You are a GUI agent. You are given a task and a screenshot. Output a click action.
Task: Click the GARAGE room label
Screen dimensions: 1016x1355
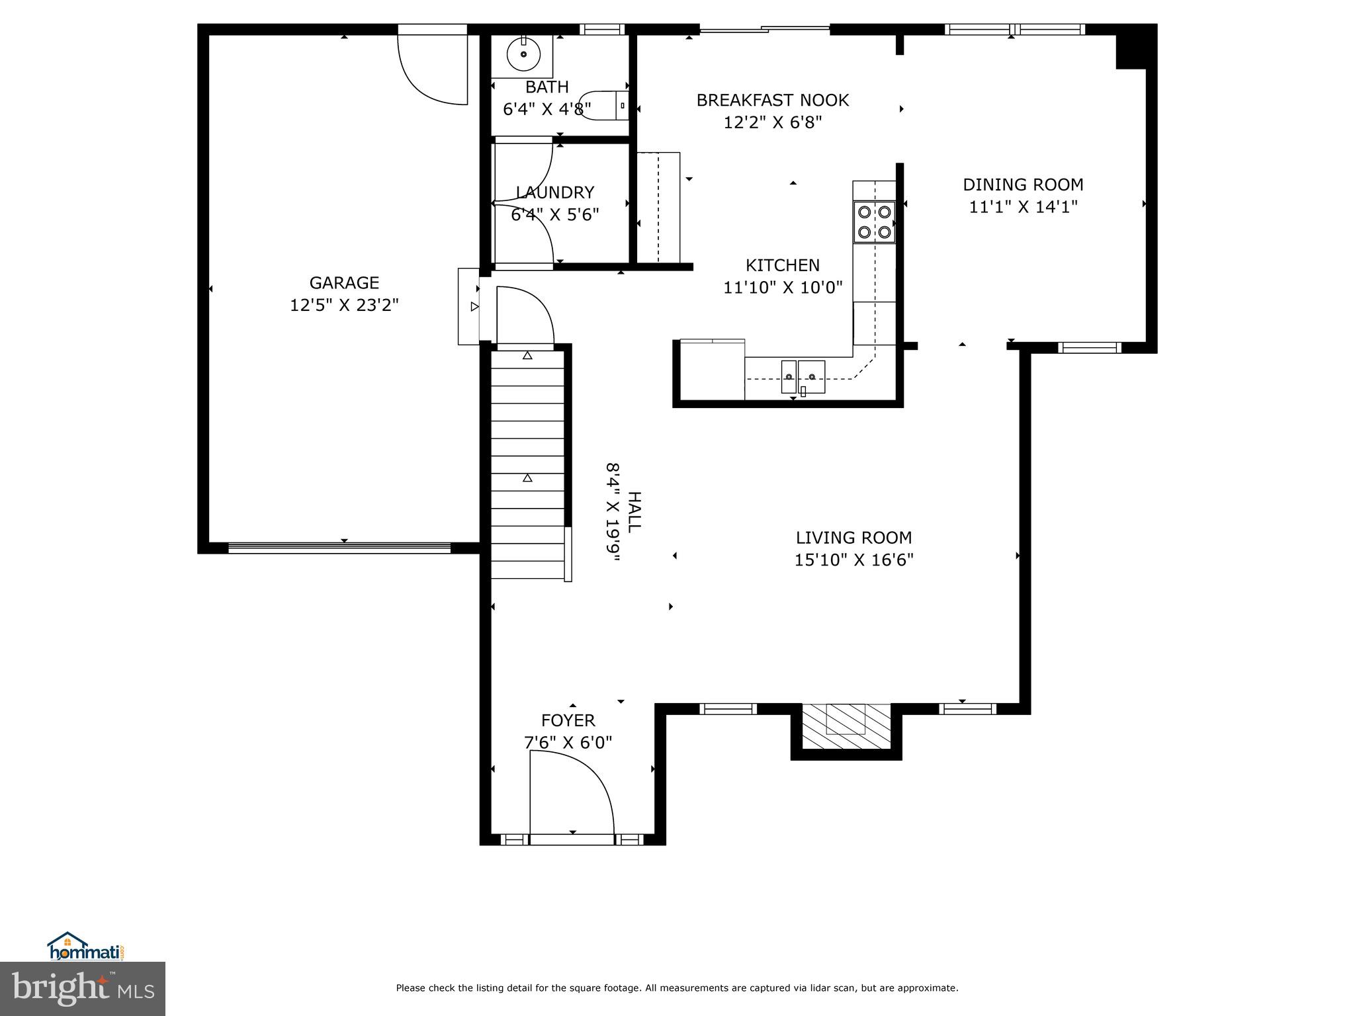(344, 282)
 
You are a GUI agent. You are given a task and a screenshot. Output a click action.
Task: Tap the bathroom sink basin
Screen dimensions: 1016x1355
(523, 54)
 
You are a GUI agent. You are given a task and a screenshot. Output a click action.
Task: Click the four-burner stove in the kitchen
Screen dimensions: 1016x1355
(874, 222)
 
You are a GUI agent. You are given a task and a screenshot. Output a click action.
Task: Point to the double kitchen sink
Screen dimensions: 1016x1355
(803, 377)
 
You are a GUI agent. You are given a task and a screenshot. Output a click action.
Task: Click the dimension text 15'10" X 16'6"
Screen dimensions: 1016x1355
(853, 560)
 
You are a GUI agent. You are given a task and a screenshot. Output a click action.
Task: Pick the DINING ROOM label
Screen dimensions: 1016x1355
(1023, 185)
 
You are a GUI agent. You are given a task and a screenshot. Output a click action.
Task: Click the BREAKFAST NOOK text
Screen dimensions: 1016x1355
(772, 101)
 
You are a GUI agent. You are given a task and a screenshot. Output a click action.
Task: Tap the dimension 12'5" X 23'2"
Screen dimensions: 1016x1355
(344, 305)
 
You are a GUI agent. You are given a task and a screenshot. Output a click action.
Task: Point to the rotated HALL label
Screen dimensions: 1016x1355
(634, 512)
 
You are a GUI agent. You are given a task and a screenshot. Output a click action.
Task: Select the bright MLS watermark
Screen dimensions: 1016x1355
(83, 990)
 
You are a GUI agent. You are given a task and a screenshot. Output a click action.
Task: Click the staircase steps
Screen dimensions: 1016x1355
(527, 463)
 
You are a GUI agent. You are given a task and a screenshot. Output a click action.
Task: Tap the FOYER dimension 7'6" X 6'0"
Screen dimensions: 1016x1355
(568, 743)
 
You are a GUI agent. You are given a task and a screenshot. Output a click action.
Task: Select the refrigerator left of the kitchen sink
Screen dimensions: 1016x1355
(712, 370)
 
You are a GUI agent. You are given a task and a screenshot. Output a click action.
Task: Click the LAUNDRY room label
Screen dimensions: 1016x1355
(554, 192)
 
